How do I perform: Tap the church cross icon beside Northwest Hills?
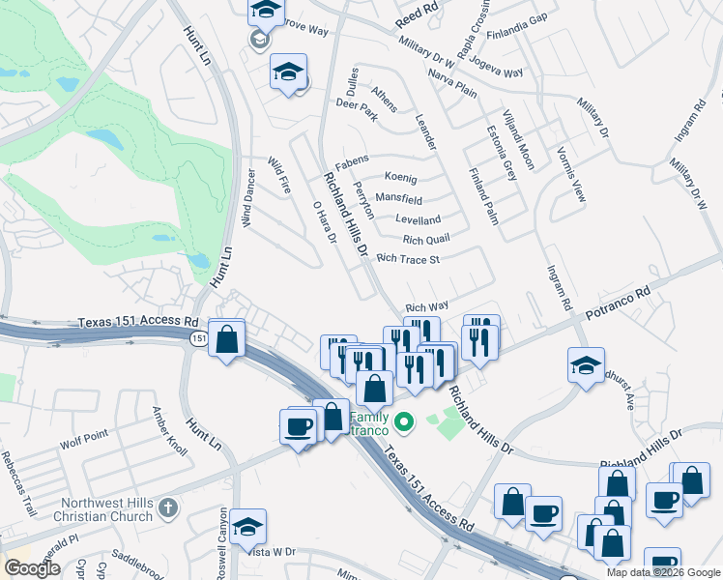168,507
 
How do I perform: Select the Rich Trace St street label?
408,259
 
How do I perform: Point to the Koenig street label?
400,178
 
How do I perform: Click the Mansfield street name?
399,199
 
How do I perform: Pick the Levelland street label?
419,219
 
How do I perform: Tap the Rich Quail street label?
425,240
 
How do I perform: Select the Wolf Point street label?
81,445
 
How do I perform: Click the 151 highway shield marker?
199,338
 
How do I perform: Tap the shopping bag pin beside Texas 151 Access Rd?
227,340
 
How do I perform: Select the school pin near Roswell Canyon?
247,527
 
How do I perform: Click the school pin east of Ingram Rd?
586,367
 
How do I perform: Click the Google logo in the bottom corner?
33,568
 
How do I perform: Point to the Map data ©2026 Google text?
663,572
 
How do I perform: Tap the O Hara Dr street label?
324,222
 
